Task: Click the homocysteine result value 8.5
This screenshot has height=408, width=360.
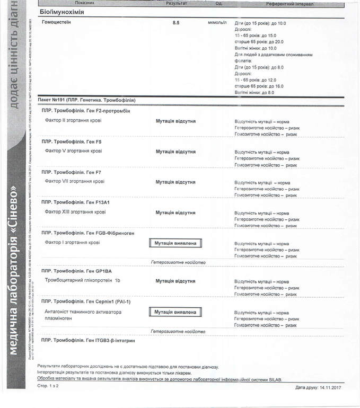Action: (x=176, y=23)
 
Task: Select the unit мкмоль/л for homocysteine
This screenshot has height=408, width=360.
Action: (x=216, y=23)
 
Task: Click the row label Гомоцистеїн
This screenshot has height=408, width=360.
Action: (x=56, y=22)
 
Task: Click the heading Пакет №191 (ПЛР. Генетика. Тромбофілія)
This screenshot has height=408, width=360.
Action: (x=86, y=100)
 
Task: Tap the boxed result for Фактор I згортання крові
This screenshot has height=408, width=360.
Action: (x=175, y=243)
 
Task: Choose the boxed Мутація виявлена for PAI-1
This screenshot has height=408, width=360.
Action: (x=175, y=312)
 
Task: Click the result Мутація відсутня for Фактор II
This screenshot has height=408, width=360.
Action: (x=175, y=121)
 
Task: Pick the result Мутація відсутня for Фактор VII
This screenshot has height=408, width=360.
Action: (x=175, y=182)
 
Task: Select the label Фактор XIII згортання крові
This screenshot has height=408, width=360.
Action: (x=75, y=212)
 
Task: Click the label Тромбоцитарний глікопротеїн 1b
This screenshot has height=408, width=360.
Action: (x=83, y=280)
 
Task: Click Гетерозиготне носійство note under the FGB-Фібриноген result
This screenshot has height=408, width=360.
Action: (x=178, y=262)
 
